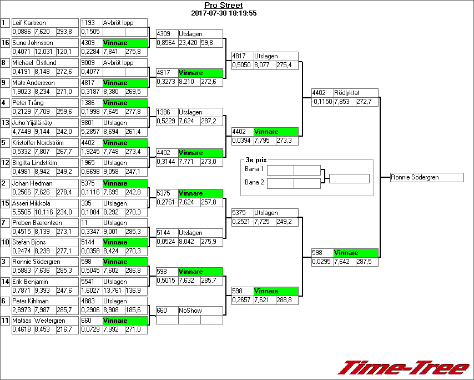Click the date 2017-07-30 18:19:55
tap(223, 13)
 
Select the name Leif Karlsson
tap(29, 23)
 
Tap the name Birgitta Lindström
tap(34, 163)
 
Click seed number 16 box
tap(5, 43)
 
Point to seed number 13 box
tap(5, 123)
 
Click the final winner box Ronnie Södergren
tap(426, 177)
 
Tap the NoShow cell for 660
tap(189, 311)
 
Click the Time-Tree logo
tap(404, 368)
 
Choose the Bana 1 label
tap(254, 169)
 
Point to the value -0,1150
tap(322, 102)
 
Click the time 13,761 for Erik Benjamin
tap(113, 291)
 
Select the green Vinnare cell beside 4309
tap(125, 43)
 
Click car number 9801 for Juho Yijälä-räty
tap(90, 123)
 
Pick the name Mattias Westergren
tap(39, 321)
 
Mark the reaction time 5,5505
tap(22, 212)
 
